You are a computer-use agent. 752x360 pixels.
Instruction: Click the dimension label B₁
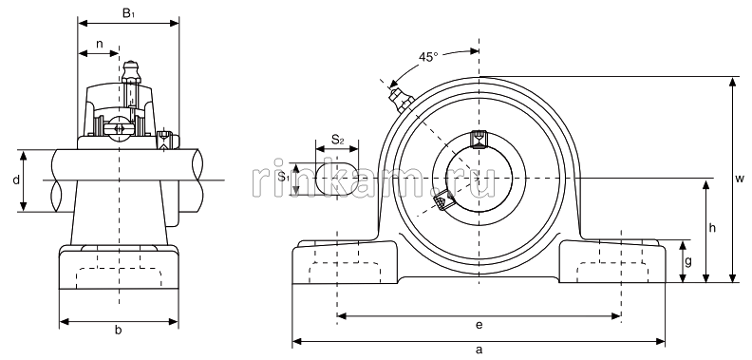pyautogui.click(x=128, y=13)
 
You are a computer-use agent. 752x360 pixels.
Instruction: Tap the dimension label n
pyautogui.click(x=100, y=44)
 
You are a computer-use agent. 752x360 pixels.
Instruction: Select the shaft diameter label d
pyautogui.click(x=16, y=180)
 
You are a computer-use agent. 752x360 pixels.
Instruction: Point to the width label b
pyautogui.click(x=118, y=330)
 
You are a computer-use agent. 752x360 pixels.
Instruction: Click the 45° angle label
pyautogui.click(x=428, y=57)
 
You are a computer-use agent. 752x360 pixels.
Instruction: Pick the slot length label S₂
pyautogui.click(x=338, y=141)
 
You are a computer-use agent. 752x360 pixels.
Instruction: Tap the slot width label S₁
pyautogui.click(x=285, y=177)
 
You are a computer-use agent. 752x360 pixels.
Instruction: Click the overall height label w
pyautogui.click(x=740, y=179)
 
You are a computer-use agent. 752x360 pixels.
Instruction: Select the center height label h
pyautogui.click(x=712, y=228)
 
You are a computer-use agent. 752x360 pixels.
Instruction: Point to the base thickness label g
pyautogui.click(x=688, y=262)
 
